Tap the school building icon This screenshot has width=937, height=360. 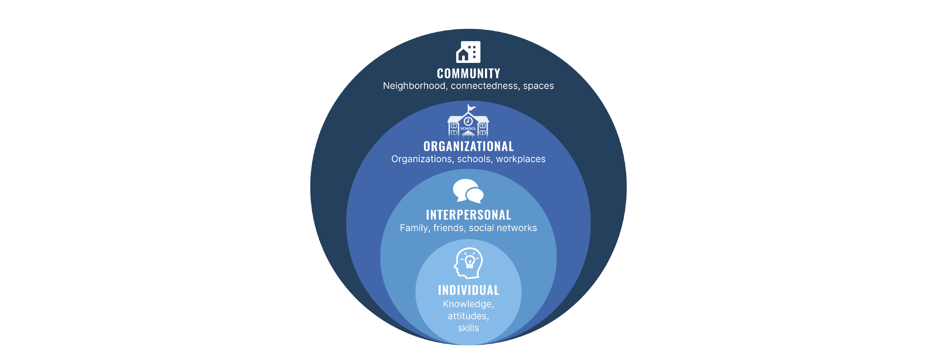468,124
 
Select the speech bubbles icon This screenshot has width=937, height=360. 468,191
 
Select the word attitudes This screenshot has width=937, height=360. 467,316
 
